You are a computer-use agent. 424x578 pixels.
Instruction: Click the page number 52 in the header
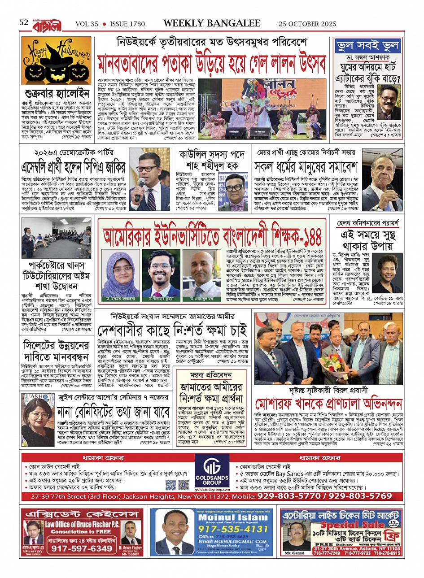24,22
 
